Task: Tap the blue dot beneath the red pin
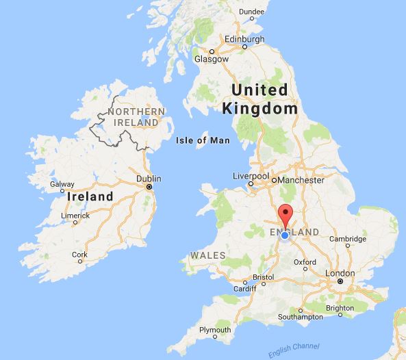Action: tap(285, 235)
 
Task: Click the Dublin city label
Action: tap(149, 179)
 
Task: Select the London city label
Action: tap(340, 273)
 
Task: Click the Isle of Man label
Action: tap(201, 140)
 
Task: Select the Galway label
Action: tap(62, 184)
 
